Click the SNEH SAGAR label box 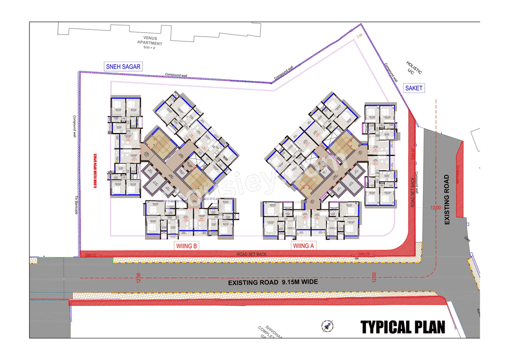[x=123, y=66]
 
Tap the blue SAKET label [x=414, y=88]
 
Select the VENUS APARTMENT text [x=150, y=41]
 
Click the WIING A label [x=304, y=246]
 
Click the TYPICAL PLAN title [x=403, y=327]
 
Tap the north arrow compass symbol [x=328, y=326]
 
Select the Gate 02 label [x=364, y=254]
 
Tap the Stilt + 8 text [x=150, y=48]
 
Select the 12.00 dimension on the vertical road [x=435, y=208]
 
